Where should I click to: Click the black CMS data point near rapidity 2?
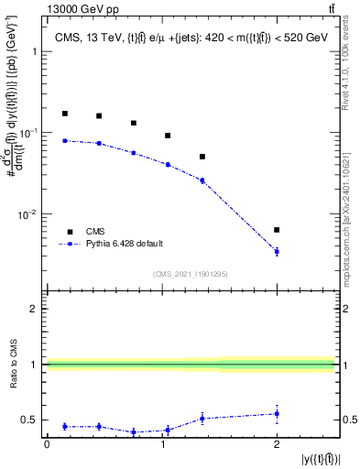coord(277,230)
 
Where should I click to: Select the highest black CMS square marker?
coord(64,114)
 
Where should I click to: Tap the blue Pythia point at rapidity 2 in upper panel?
coord(277,251)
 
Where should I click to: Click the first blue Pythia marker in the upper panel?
coord(64,140)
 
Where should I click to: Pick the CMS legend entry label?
coord(95,232)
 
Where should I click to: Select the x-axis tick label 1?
coord(161,444)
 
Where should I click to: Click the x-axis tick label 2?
coord(277,444)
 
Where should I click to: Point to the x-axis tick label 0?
coord(47,444)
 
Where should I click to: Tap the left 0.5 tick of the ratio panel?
coord(31,420)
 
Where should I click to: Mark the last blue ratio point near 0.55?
coord(277,414)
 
